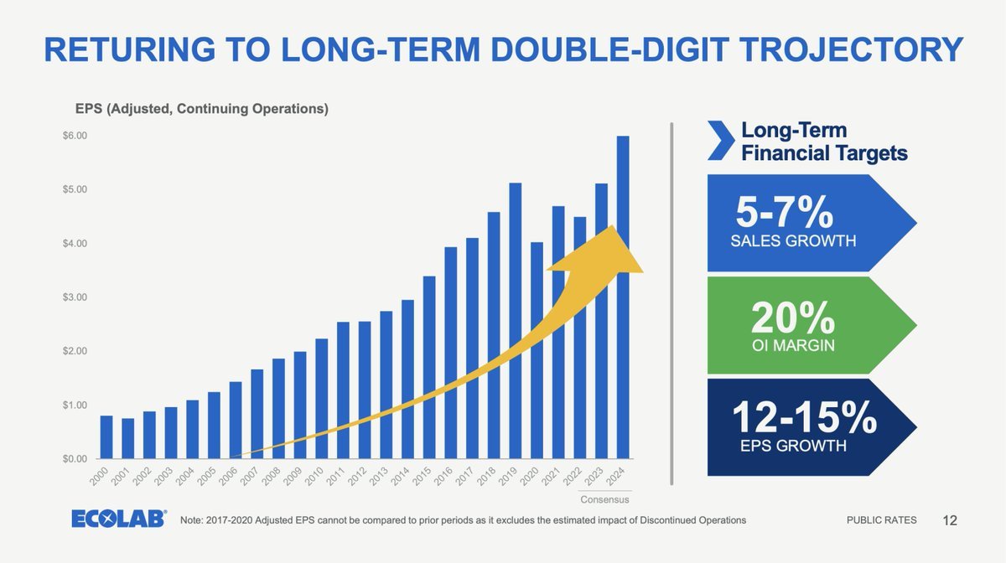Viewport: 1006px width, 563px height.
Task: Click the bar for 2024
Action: click(x=623, y=297)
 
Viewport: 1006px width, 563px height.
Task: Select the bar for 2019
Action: click(x=515, y=321)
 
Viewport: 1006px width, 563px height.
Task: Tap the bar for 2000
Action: click(x=106, y=437)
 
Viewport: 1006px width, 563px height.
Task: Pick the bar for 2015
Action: click(x=429, y=367)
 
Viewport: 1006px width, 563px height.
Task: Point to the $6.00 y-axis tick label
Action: click(x=75, y=136)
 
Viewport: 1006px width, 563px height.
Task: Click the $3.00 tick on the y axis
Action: click(x=75, y=297)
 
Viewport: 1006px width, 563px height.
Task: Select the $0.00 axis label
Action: click(x=75, y=459)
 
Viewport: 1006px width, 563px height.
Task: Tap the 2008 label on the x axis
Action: click(x=272, y=477)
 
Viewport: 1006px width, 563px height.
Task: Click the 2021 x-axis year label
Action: click(x=551, y=477)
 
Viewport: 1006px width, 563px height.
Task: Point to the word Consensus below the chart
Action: click(x=604, y=499)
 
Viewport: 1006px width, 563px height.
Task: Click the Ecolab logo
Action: click(x=119, y=519)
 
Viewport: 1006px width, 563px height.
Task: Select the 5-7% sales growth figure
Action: click(x=784, y=212)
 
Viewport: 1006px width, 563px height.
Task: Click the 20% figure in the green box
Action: click(x=793, y=318)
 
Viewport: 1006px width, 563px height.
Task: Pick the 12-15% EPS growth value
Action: click(x=804, y=417)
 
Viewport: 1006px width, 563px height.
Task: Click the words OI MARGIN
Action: click(x=793, y=346)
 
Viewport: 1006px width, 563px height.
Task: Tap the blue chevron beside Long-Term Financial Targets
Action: click(x=721, y=140)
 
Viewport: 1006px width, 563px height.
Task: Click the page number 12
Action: click(x=949, y=520)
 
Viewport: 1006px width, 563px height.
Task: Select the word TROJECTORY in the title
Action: click(x=851, y=49)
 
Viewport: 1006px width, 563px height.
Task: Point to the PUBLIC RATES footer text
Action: click(x=882, y=520)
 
